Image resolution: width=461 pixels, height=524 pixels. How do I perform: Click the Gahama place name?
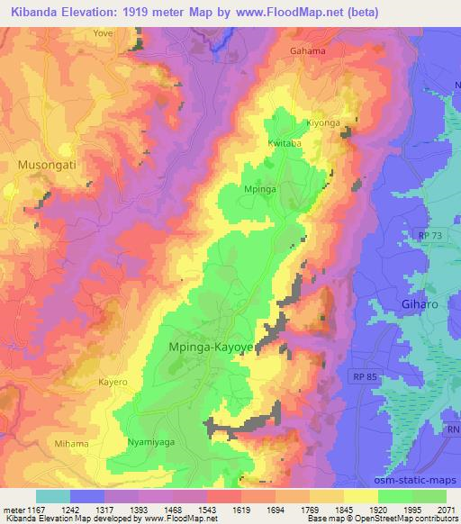pyautogui.click(x=307, y=50)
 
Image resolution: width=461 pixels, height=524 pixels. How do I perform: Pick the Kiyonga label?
pyautogui.click(x=326, y=122)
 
